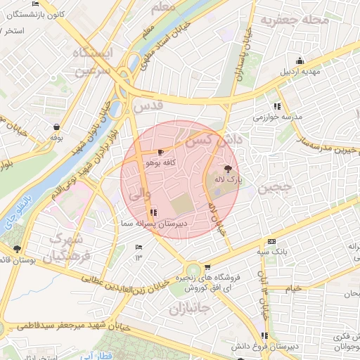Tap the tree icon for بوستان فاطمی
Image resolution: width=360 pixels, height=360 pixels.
click(17, 248)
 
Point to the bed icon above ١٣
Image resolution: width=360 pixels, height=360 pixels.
click(138, 247)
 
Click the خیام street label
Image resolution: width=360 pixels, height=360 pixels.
click(292, 288)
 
